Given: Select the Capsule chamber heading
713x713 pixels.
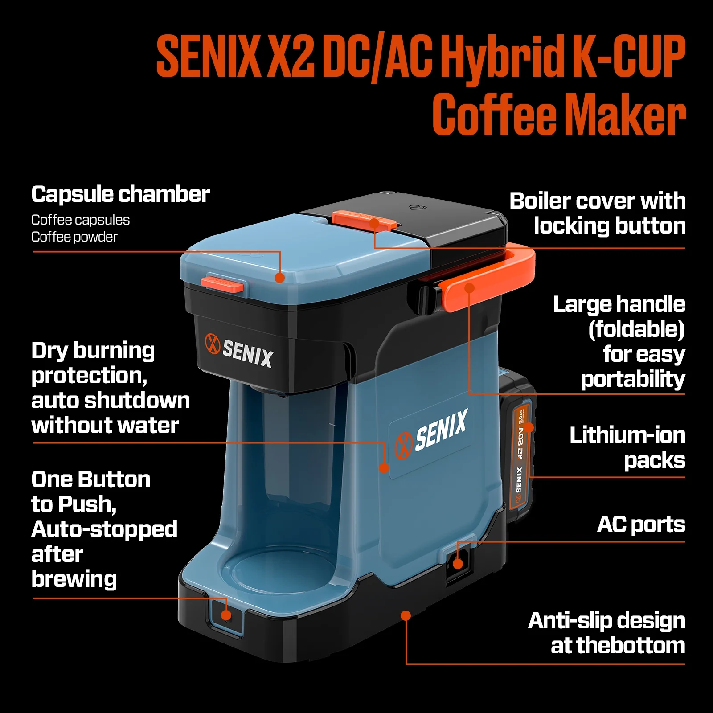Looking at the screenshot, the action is (120, 194).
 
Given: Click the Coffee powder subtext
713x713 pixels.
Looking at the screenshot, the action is (74, 237).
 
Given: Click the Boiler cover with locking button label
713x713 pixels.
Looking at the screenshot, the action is (598, 213).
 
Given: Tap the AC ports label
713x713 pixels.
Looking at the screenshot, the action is (641, 525).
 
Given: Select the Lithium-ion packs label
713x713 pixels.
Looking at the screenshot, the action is (627, 447).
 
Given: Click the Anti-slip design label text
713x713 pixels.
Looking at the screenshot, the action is (607, 633).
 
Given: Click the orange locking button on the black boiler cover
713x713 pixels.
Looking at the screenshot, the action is (364, 220).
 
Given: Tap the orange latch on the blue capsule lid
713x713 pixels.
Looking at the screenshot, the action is (222, 284).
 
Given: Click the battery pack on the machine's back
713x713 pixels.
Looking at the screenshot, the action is (518, 446).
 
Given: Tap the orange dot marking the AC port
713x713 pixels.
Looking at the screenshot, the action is (458, 564).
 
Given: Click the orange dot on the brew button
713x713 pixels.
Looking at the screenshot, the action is (226, 615).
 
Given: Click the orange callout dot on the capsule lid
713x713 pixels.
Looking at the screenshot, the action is (280, 278).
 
